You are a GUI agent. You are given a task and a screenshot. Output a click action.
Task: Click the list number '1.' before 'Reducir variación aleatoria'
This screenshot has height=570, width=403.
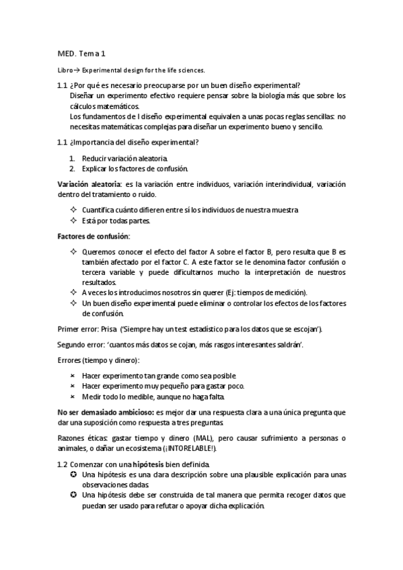(x=73, y=157)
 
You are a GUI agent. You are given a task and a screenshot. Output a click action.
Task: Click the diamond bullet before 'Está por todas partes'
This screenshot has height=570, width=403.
(x=73, y=220)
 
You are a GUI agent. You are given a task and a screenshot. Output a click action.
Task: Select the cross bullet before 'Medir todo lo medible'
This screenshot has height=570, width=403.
(x=73, y=397)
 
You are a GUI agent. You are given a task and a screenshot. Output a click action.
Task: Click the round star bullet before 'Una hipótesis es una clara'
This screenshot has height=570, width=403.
(x=73, y=475)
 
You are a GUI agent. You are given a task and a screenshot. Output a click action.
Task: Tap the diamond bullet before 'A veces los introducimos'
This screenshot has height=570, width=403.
(x=73, y=292)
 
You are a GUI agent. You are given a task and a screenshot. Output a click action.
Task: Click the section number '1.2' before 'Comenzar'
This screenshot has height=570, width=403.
(x=63, y=464)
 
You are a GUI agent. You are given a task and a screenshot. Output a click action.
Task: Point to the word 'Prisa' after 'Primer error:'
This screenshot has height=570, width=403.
(x=108, y=329)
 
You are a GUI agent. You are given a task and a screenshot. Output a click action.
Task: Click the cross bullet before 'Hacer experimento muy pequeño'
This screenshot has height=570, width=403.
(x=73, y=386)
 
